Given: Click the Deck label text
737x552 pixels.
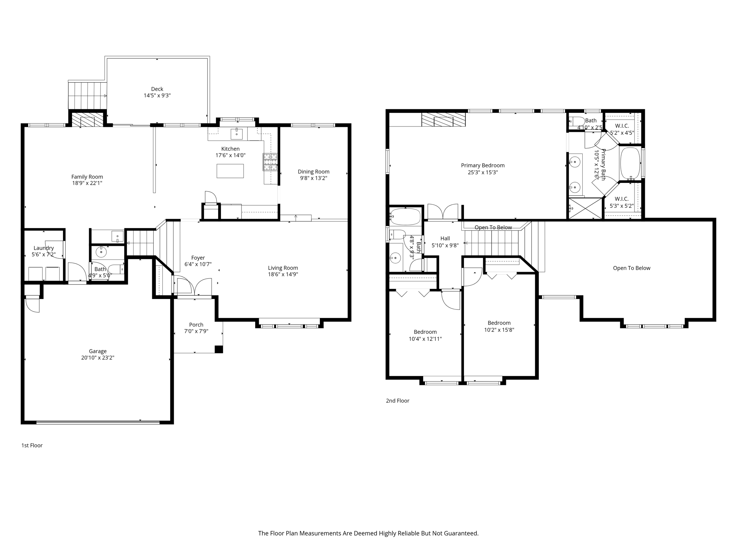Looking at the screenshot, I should pos(157,89).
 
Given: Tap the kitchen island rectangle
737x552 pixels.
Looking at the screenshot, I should pos(230,171).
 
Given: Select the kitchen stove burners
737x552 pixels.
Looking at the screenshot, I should pos(270,162).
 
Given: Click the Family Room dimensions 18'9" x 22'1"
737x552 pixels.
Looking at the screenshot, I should pos(87,183).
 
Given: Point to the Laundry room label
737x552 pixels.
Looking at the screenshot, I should pos(44,248).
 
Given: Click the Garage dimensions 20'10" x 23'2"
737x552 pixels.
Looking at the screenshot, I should pos(98,358).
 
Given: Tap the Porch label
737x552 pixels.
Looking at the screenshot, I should pos(196,325).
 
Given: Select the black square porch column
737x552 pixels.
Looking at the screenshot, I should pos(218,349).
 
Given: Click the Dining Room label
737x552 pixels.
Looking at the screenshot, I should pos(313,171).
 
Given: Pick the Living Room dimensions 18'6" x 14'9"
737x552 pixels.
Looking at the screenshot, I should pos(283,274).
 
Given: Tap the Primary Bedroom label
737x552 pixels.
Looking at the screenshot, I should pos(483,165).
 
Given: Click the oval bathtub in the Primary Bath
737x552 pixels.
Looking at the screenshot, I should pos(630,163).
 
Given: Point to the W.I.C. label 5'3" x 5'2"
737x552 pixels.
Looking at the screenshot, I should pos(621,206).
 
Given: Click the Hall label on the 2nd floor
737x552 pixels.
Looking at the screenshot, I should pos(445,238).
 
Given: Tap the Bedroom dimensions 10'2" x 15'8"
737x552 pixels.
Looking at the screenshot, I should pos(499,330).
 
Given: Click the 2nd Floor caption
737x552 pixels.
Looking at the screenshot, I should pos(398,401).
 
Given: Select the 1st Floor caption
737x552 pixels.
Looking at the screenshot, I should pos(32,445).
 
